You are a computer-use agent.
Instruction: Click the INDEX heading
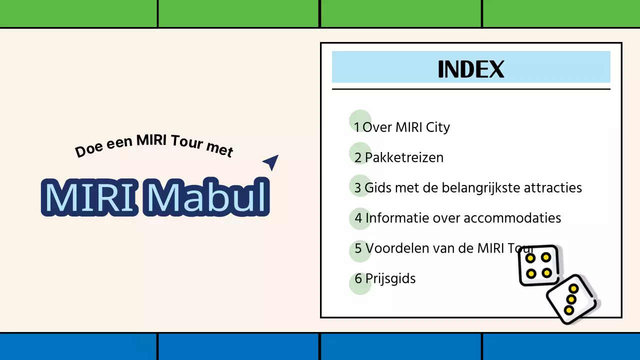point(470,69)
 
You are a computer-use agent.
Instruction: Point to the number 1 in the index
point(357,127)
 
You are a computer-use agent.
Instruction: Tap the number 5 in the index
point(358,248)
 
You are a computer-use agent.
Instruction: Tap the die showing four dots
point(538,265)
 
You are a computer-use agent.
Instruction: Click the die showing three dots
point(571,299)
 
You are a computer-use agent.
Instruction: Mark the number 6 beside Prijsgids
point(358,278)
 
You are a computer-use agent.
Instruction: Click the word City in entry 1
point(437,127)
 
